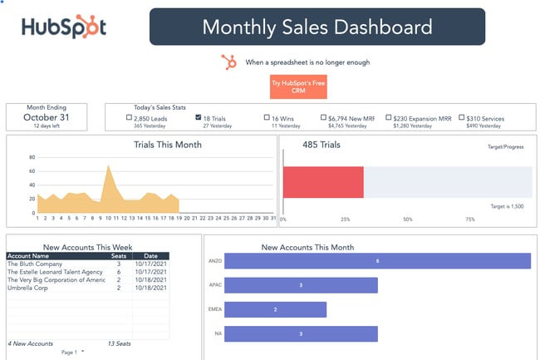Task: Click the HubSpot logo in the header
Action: [x=64, y=27]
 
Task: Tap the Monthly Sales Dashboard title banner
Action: [x=317, y=27]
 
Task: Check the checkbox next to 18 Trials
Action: [x=198, y=118]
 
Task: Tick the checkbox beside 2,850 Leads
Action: [x=129, y=118]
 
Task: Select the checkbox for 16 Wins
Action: [x=266, y=118]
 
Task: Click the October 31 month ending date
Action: [x=47, y=117]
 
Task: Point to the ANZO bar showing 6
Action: [x=377, y=260]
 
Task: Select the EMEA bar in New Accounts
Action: [x=275, y=309]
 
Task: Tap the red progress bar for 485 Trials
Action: [x=323, y=182]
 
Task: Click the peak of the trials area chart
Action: [x=108, y=166]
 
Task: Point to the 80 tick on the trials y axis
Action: [x=32, y=157]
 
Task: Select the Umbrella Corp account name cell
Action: [x=27, y=287]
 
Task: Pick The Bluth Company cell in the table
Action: [x=36, y=264]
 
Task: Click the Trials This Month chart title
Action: [x=167, y=145]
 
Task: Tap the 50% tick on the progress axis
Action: [x=408, y=219]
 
